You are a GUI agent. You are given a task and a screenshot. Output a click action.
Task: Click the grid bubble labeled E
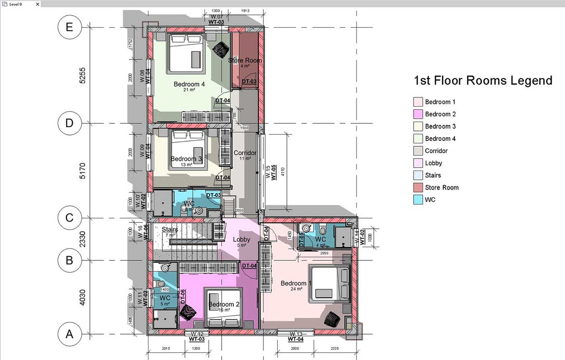point(69,27)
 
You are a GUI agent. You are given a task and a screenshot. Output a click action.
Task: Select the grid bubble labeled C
point(69,218)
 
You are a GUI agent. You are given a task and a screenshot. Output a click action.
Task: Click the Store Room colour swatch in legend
point(418,187)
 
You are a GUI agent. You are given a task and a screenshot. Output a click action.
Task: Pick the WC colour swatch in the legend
point(418,200)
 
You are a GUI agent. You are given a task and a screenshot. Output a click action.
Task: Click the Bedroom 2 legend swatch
point(418,114)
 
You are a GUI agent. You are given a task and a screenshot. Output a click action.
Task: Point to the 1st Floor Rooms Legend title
point(483,81)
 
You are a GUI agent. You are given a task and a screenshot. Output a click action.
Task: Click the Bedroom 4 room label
point(189,84)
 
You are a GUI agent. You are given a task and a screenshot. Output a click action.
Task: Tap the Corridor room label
point(244,153)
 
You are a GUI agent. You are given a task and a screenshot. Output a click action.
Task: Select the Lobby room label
point(241,239)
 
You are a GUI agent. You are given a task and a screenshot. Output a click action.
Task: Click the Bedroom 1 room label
point(296,283)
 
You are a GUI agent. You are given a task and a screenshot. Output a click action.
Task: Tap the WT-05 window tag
point(274,173)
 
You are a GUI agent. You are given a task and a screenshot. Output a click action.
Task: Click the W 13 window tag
point(295,334)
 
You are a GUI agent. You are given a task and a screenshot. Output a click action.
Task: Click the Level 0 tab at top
point(18,4)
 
